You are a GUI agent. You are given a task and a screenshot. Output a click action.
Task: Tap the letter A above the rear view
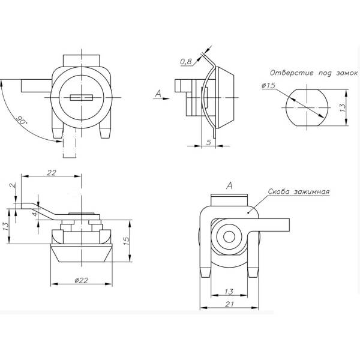(230, 186)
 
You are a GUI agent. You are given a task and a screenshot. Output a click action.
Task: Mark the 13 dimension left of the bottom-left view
(6, 226)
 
